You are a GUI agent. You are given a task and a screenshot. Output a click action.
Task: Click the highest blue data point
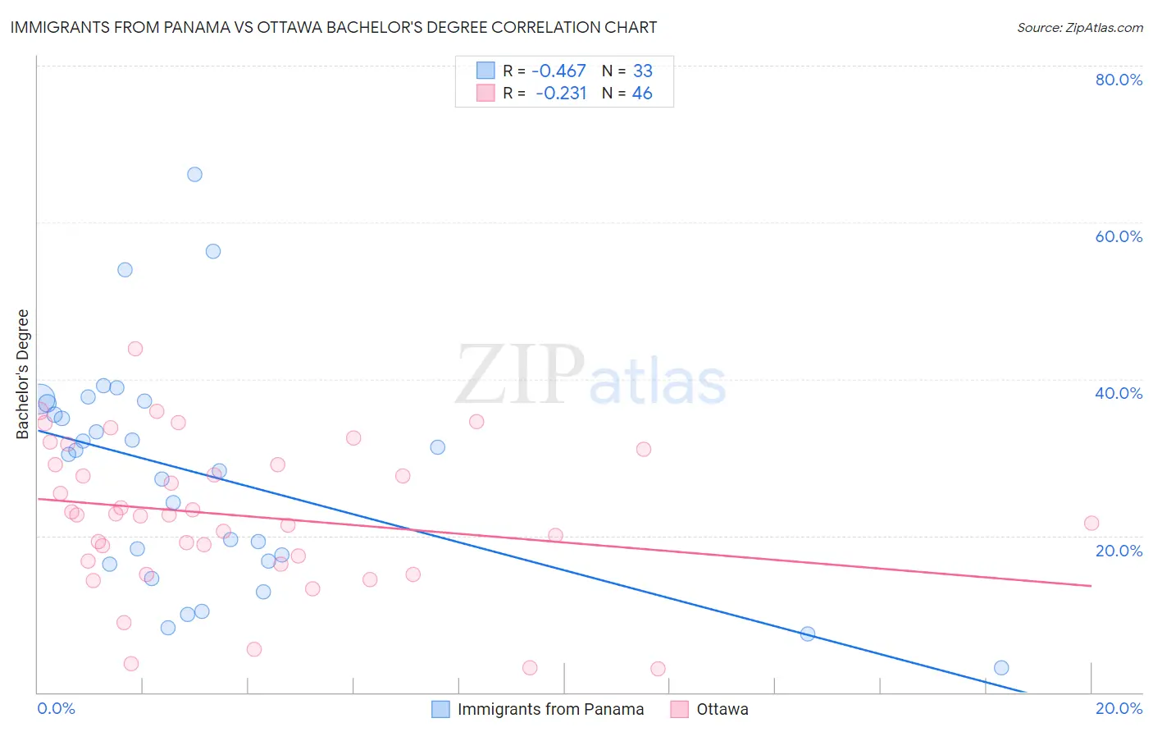pos(194,174)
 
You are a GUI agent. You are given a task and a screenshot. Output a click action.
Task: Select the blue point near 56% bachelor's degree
pos(213,251)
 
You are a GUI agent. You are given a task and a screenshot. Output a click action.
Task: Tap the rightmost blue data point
pos(1001,668)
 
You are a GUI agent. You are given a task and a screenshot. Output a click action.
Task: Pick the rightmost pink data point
pos(1091,524)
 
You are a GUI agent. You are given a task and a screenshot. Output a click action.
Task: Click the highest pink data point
pos(135,349)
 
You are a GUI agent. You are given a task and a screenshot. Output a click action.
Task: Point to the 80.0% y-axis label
pos(1119,80)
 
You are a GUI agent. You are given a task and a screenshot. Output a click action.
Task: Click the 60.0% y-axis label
pos(1119,236)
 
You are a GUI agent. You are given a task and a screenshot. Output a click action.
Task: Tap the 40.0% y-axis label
pos(1119,393)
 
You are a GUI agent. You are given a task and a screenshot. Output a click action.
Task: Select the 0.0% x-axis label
pos(57,708)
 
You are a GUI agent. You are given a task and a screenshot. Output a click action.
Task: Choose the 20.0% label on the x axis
pos(1119,708)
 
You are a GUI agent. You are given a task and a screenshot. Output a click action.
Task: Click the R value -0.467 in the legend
pos(559,71)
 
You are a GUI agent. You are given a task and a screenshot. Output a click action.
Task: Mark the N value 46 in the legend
pos(642,94)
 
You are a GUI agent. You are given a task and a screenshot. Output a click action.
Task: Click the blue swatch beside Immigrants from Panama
pos(441,709)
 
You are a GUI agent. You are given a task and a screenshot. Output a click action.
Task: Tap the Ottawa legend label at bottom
pos(722,709)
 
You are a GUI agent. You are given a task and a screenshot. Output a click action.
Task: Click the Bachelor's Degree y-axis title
pos(23,374)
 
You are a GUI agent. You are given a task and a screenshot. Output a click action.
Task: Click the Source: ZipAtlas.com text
pos(1079,28)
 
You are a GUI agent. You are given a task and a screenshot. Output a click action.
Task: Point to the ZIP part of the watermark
pos(520,376)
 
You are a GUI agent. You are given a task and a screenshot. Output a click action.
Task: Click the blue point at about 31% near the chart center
pos(438,447)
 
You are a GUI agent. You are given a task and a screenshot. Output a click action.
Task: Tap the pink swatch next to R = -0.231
pos(485,94)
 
